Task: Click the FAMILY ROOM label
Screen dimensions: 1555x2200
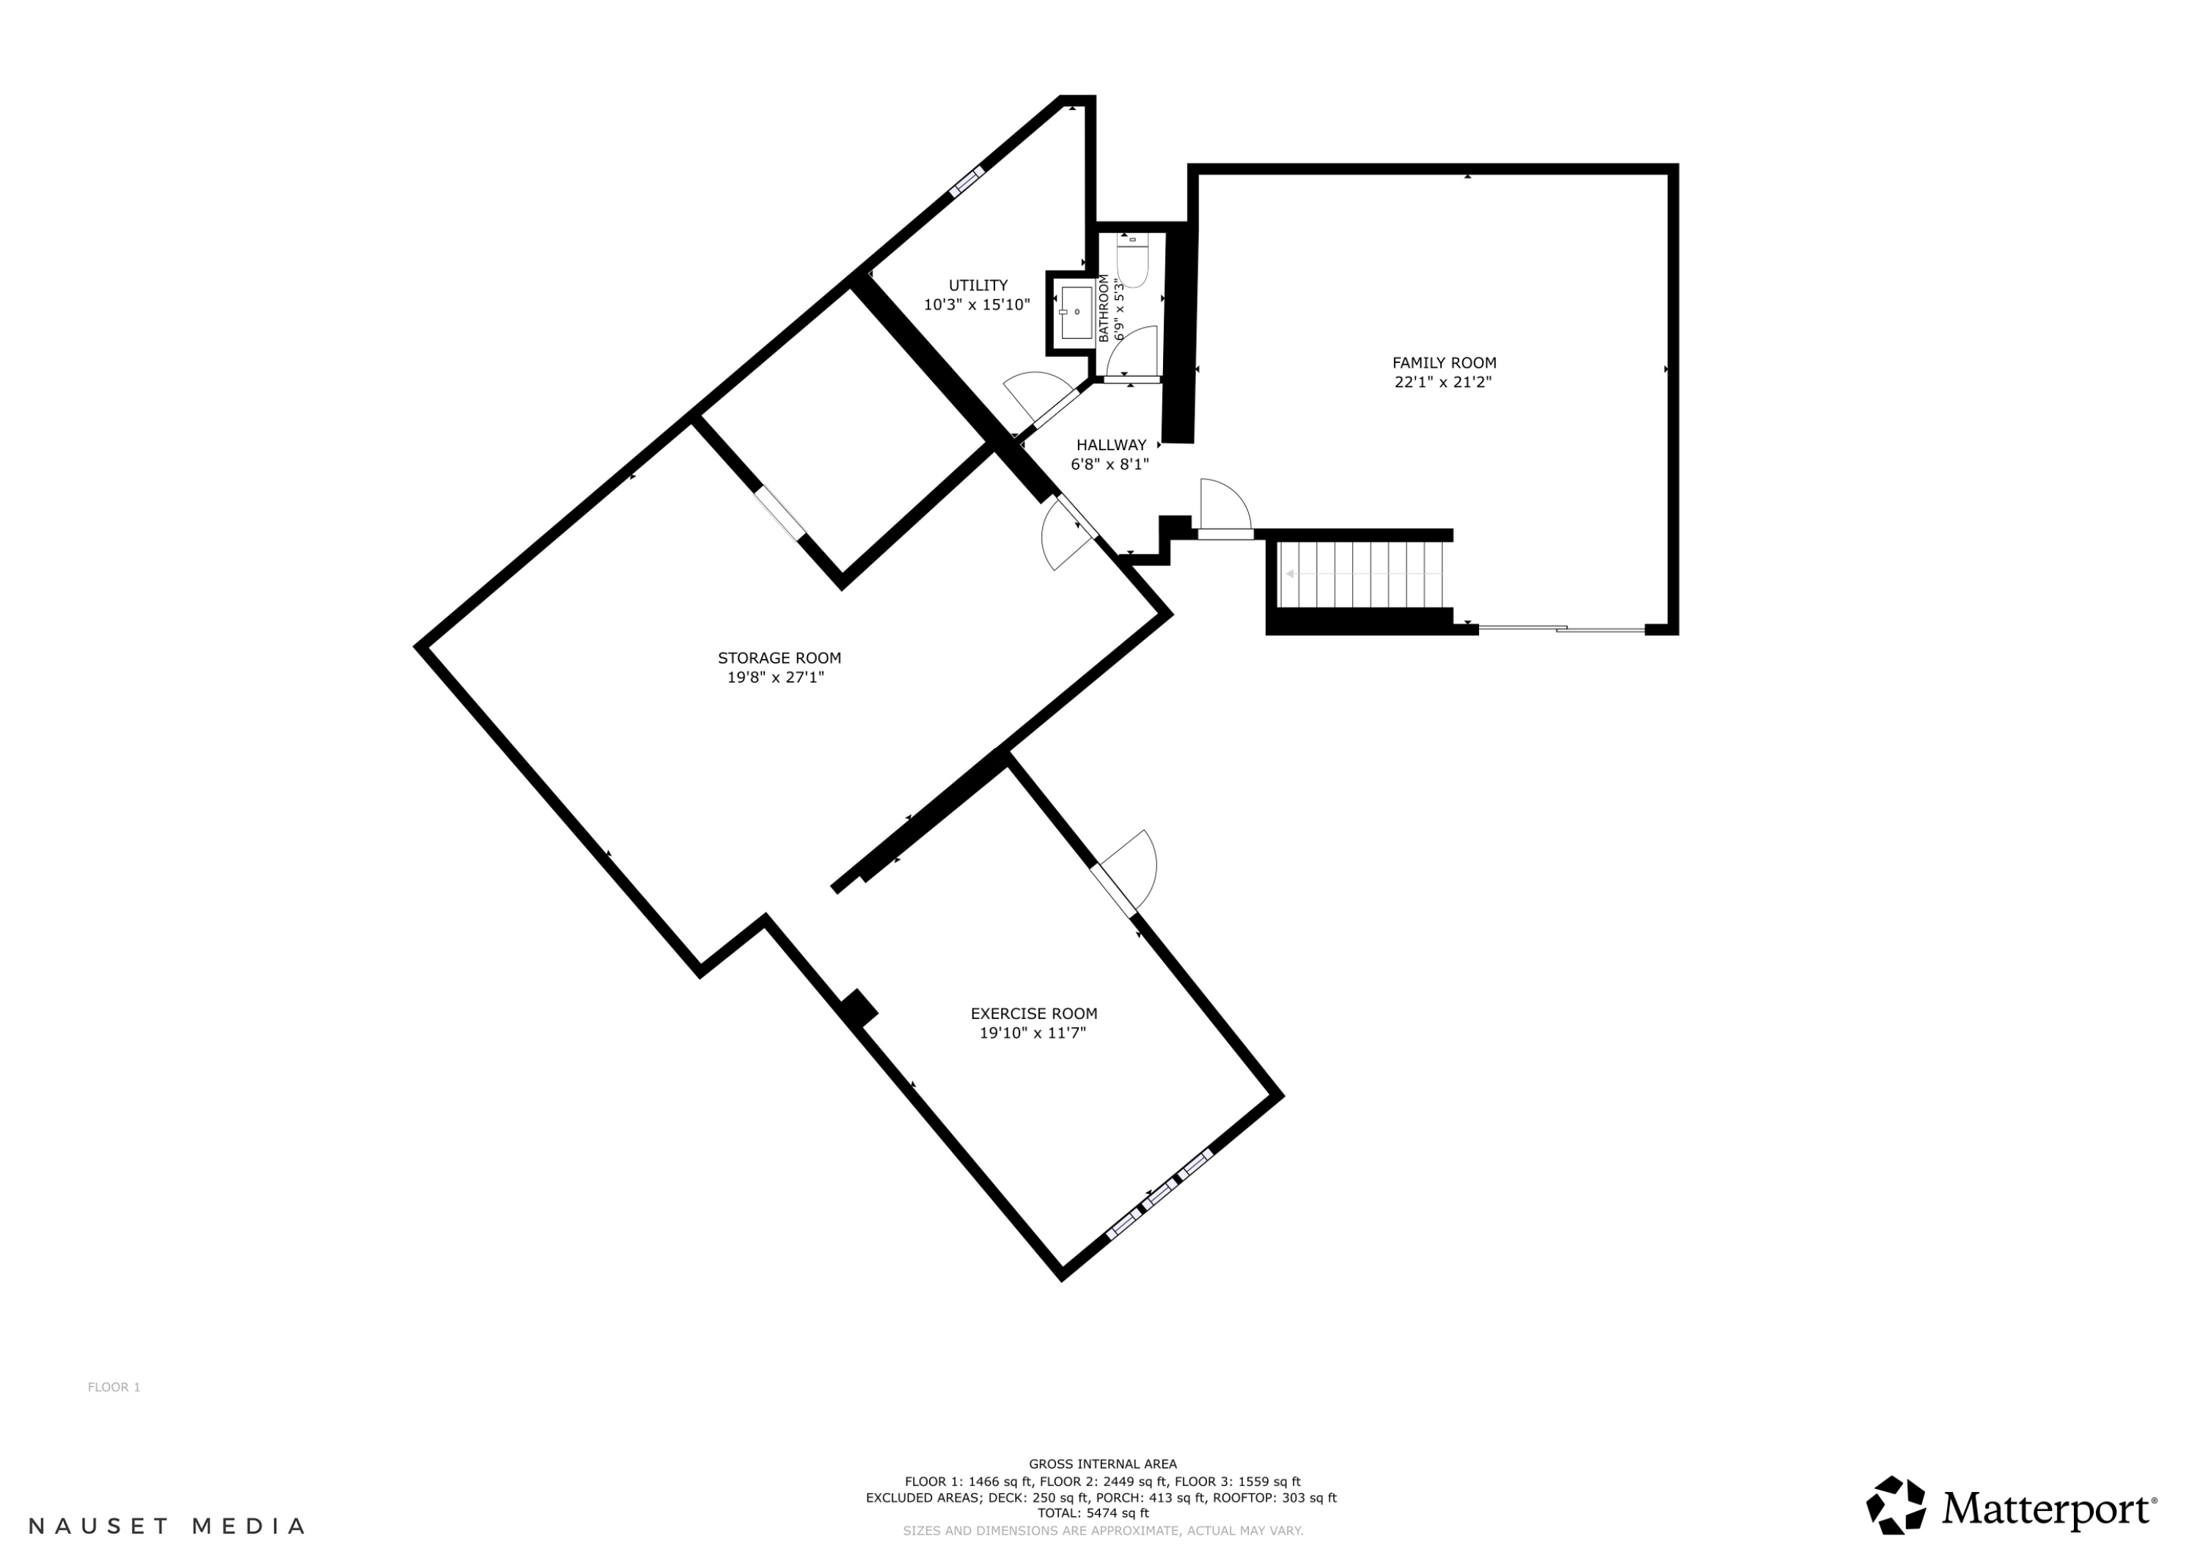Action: click(1443, 363)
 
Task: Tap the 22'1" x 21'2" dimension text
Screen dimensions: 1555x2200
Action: click(1443, 382)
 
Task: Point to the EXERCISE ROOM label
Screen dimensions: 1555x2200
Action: click(1034, 1014)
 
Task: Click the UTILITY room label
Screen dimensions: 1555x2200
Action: click(978, 285)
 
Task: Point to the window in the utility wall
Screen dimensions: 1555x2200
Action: click(967, 181)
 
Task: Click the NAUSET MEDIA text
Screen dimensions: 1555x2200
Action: click(168, 1526)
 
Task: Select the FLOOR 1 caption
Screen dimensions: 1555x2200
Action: click(114, 1387)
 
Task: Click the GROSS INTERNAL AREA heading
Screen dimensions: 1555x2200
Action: click(1102, 1464)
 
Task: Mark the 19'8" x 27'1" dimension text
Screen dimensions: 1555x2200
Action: click(775, 677)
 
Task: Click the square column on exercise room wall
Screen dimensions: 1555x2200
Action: click(857, 1009)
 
